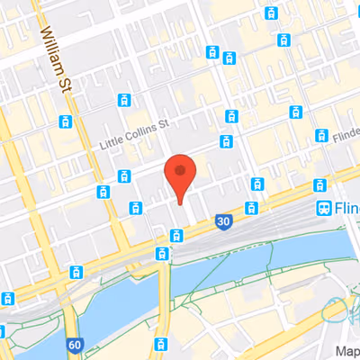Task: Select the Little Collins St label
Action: (133, 136)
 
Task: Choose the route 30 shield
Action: (221, 221)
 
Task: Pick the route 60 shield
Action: (74, 344)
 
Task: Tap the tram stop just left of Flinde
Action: (321, 135)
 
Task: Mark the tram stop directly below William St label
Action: (65, 121)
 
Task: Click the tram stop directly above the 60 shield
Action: (75, 272)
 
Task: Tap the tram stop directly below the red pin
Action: (176, 236)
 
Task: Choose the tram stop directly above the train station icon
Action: (319, 184)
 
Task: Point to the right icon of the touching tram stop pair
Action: (229, 59)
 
